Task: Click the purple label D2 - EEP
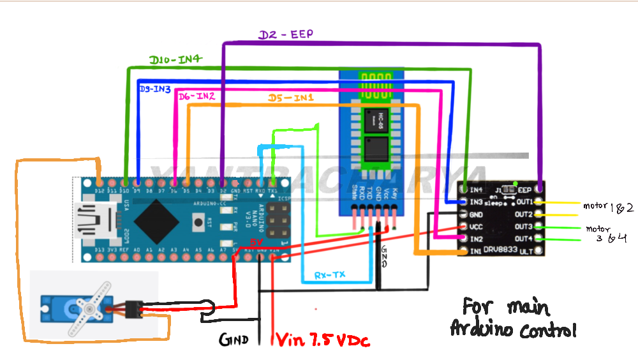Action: coord(285,34)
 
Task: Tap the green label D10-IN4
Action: coord(175,59)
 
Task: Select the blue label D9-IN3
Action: coord(154,90)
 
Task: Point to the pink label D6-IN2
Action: coord(196,97)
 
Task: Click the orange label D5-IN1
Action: coord(290,98)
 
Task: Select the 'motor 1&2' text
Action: coord(608,207)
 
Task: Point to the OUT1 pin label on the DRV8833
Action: coord(524,202)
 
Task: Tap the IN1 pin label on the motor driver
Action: coord(476,251)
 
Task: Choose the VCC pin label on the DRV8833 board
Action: coord(476,227)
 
